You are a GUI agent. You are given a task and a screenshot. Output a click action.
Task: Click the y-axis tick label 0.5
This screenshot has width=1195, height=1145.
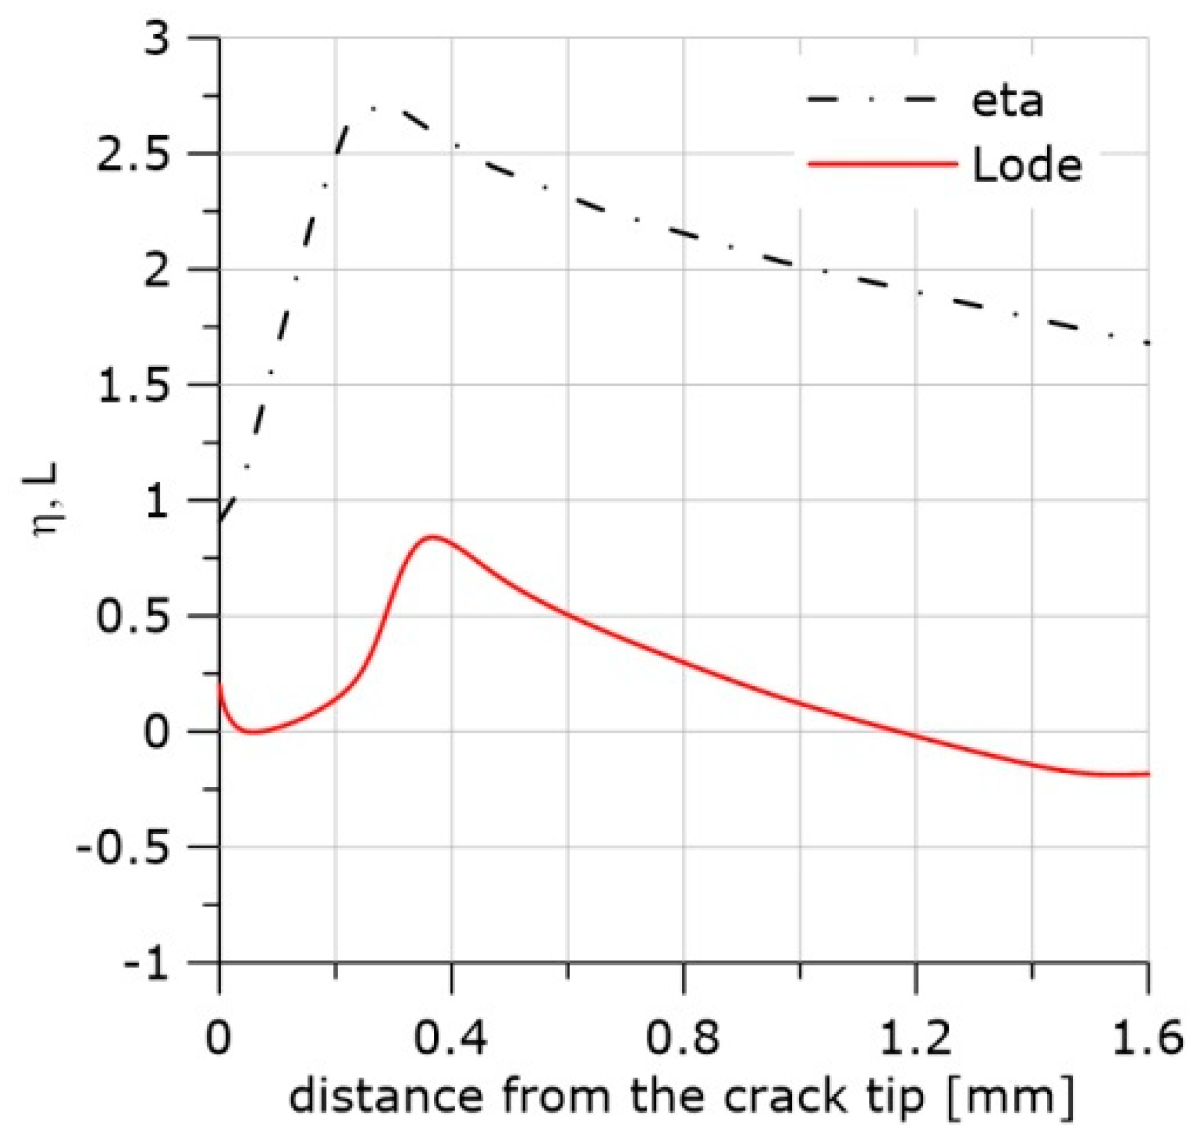[133, 616]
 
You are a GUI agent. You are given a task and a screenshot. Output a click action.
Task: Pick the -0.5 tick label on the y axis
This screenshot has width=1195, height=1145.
[122, 847]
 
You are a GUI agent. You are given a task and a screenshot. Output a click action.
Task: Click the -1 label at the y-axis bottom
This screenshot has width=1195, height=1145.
[145, 963]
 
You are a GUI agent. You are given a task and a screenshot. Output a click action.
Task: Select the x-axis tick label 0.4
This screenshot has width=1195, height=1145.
[450, 1036]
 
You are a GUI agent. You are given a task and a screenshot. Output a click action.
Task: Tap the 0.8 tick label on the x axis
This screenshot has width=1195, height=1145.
[682, 1036]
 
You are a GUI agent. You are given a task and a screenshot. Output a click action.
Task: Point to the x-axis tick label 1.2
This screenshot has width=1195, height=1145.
[914, 1036]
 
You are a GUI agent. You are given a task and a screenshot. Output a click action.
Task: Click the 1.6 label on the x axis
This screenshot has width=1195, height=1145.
[1147, 1036]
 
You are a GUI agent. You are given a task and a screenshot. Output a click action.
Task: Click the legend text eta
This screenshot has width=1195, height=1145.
[1007, 102]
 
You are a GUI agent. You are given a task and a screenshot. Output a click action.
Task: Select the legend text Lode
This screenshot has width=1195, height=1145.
[1027, 165]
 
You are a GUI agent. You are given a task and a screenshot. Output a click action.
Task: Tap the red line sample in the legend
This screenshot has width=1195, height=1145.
[882, 164]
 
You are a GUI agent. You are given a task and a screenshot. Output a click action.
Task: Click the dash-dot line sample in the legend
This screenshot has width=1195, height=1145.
[871, 100]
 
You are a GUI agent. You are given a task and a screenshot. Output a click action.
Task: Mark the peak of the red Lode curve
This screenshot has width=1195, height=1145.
[432, 536]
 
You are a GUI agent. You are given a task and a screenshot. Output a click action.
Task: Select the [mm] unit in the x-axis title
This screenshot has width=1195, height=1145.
[1011, 1097]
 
